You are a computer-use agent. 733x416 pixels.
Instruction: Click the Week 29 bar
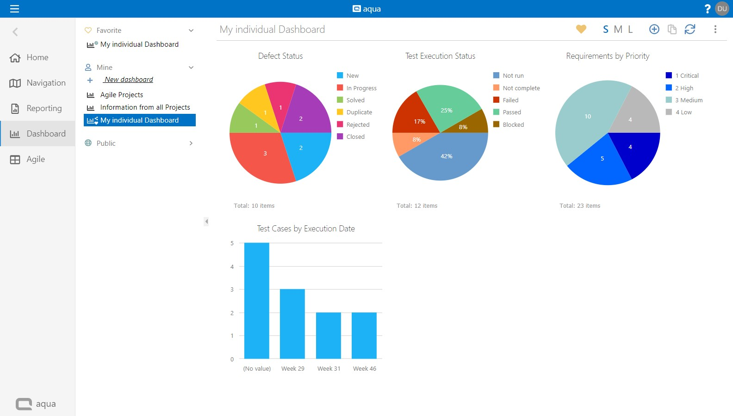pyautogui.click(x=292, y=324)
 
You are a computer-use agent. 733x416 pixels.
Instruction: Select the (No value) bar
pyautogui.click(x=257, y=301)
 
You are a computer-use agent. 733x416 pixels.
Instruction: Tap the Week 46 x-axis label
pyautogui.click(x=365, y=369)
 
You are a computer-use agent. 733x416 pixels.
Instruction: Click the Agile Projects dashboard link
pyautogui.click(x=121, y=95)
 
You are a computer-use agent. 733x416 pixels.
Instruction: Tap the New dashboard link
pyautogui.click(x=129, y=80)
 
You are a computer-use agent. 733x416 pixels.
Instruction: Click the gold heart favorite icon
pyautogui.click(x=581, y=29)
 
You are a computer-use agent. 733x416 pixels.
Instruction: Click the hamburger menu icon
pyautogui.click(x=14, y=9)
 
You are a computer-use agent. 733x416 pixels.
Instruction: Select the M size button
pyautogui.click(x=618, y=29)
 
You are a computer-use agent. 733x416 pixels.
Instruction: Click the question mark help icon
pyautogui.click(x=707, y=9)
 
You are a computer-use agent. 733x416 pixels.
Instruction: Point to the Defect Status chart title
pyautogui.click(x=280, y=56)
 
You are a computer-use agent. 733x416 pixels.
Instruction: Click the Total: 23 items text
pyautogui.click(x=580, y=206)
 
